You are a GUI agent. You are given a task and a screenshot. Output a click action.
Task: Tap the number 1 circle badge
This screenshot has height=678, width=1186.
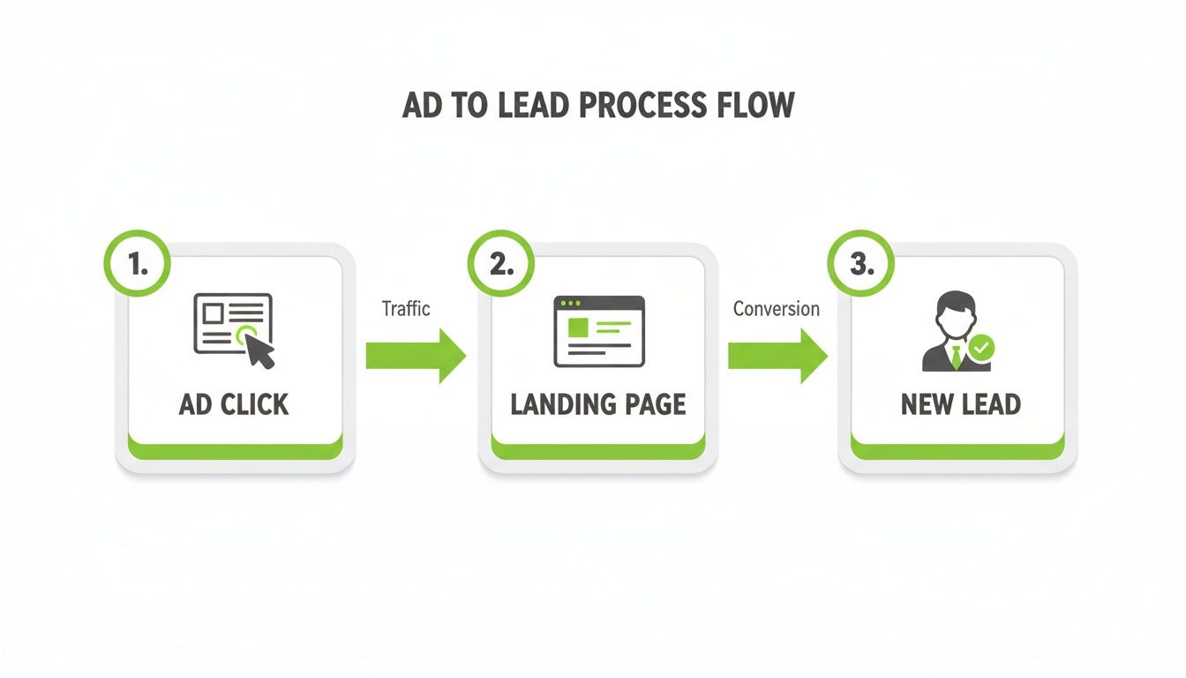pos(137,264)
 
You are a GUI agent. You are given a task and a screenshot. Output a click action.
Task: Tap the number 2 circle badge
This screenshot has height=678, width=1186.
pos(500,264)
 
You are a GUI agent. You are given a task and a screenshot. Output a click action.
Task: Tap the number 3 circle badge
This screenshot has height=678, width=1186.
pos(859,264)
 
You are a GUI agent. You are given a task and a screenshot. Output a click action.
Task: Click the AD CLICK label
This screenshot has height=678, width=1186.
pos(234,404)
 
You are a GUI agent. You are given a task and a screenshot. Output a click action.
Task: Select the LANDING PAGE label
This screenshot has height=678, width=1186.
pos(597,404)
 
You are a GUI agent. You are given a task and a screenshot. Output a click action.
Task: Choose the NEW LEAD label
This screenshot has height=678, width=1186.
pos(960,404)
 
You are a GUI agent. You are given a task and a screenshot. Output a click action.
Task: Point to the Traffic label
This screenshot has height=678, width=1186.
pos(406,308)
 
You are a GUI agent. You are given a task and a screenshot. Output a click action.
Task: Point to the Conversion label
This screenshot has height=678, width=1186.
pos(777,308)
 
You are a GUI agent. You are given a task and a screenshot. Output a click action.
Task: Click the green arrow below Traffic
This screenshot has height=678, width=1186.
pos(416,356)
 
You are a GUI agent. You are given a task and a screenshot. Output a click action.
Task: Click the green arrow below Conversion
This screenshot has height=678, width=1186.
pos(777,356)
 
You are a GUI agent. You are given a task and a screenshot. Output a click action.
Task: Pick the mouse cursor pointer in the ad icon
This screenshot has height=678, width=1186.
pos(259,351)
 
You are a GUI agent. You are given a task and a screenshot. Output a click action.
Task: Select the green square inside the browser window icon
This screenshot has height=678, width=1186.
pos(578,328)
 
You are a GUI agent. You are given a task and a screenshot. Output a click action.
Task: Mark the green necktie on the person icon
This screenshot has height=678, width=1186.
pos(955,358)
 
